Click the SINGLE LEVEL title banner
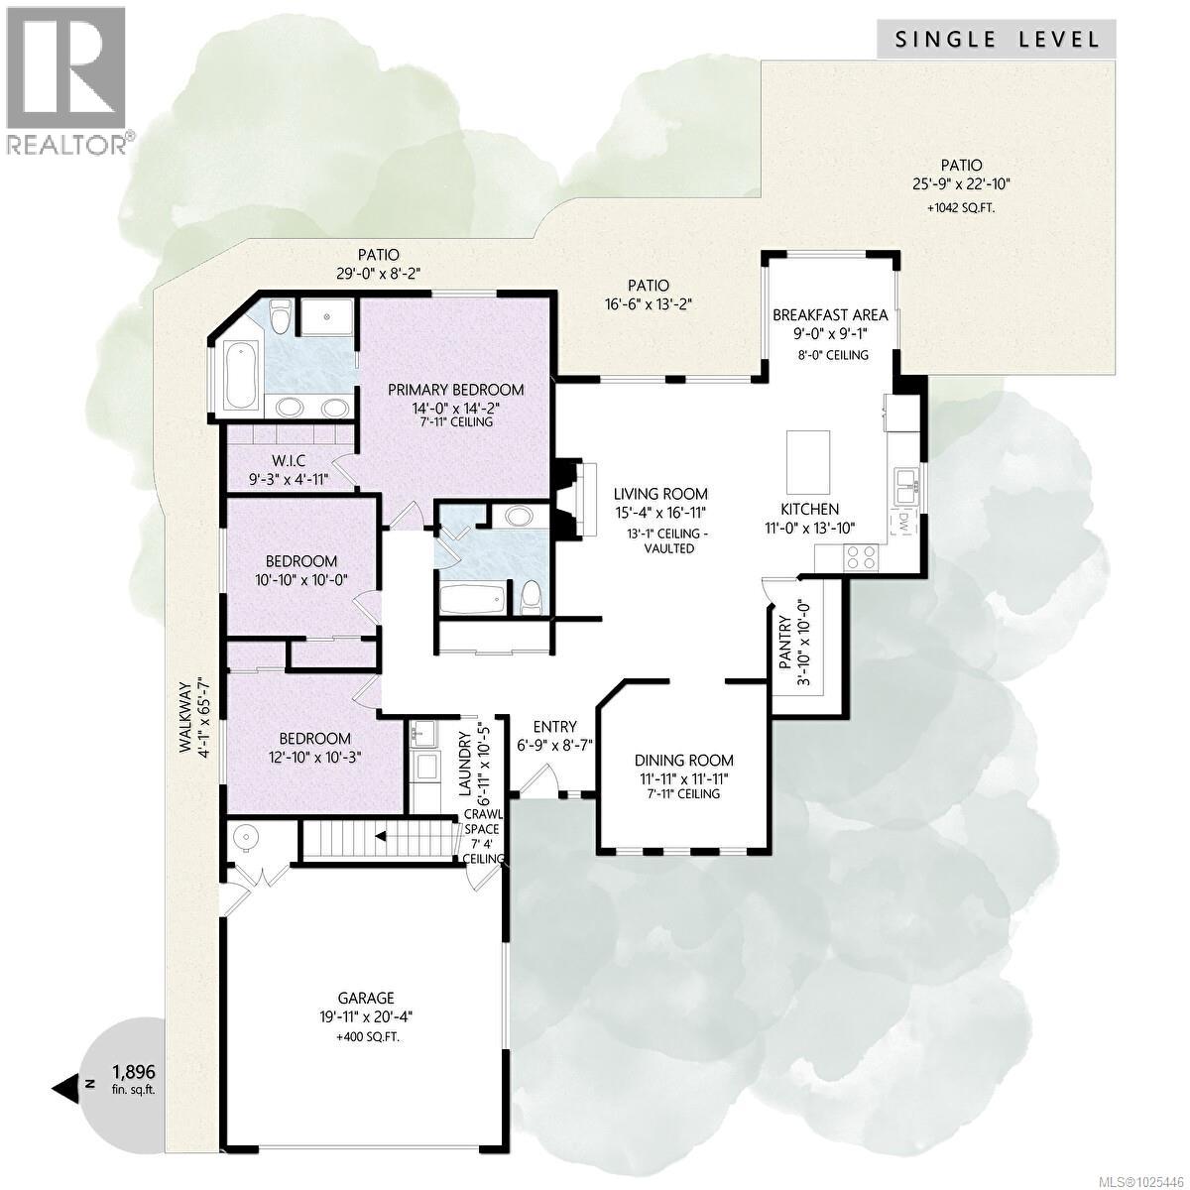pos(998,40)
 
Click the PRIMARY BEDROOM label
pos(455,389)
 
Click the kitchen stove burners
pos(859,557)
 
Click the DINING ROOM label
pos(684,761)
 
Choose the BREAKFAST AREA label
pos(830,315)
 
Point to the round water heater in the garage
pos(246,839)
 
